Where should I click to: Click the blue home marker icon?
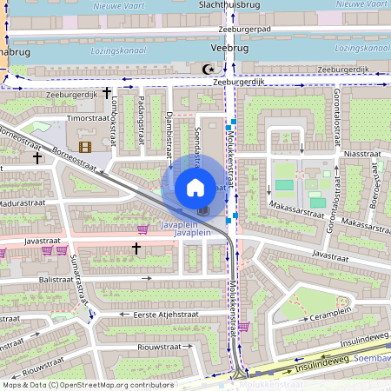[x=195, y=186]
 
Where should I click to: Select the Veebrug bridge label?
[x=229, y=49]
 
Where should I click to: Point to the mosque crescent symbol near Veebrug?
[x=207, y=69]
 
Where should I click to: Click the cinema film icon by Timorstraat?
[x=84, y=147]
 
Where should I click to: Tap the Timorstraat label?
[x=89, y=116]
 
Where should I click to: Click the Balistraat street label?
[x=55, y=280]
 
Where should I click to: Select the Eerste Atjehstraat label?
[x=162, y=314]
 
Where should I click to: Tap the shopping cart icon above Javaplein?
[x=142, y=229]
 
